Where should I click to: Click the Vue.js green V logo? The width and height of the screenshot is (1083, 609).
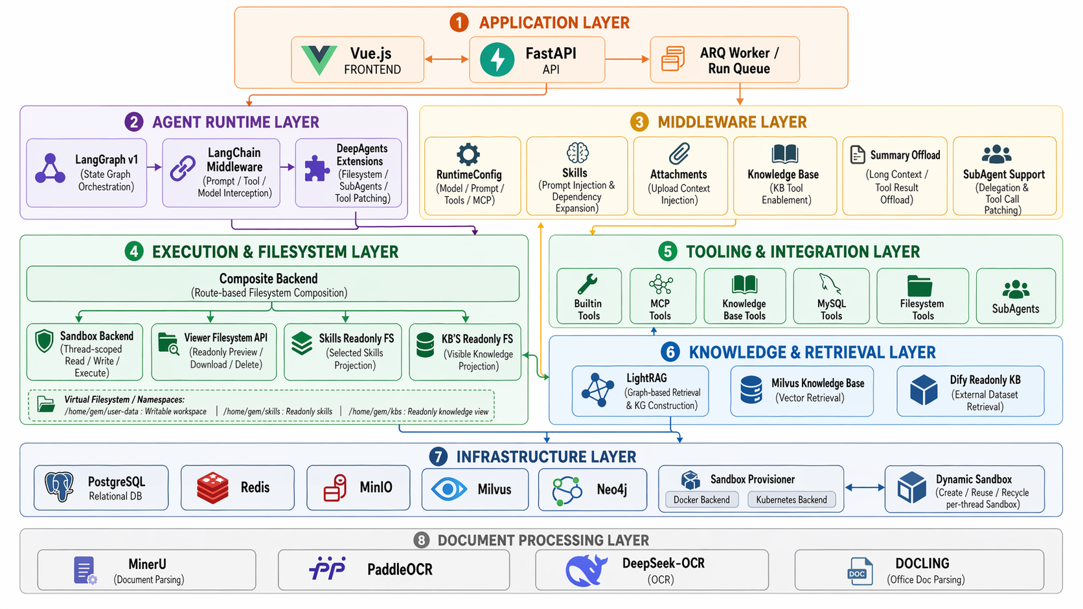point(319,60)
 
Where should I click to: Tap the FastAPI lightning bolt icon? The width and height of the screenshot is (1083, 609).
point(497,60)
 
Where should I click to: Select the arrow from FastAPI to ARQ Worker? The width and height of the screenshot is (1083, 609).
point(627,59)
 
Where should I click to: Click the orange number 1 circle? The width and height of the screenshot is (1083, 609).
point(459,23)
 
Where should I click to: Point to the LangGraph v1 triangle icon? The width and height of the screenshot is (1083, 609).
point(51,169)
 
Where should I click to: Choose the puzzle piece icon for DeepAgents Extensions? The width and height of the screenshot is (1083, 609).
point(316,168)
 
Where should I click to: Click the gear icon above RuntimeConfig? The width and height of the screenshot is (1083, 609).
point(468,155)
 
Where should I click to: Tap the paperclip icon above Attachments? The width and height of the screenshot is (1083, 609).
point(679,154)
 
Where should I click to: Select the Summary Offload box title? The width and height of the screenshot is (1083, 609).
point(905,155)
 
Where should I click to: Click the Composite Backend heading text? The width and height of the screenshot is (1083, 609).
point(268,279)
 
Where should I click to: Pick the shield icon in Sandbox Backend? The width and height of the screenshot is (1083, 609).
point(44,340)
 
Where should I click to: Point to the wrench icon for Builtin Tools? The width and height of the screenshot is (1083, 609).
point(587,284)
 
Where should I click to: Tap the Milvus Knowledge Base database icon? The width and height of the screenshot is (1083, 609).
point(751,390)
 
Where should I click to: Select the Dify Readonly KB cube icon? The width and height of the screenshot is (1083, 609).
point(924,390)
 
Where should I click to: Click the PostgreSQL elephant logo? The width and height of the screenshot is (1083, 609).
point(59,487)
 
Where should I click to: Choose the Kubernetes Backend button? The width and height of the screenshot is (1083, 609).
point(792,500)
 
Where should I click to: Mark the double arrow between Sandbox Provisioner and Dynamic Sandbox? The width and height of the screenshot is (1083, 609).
point(865,487)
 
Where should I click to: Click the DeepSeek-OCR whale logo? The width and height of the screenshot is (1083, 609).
point(586,570)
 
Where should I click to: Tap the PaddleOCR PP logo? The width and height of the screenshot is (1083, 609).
point(328,569)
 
